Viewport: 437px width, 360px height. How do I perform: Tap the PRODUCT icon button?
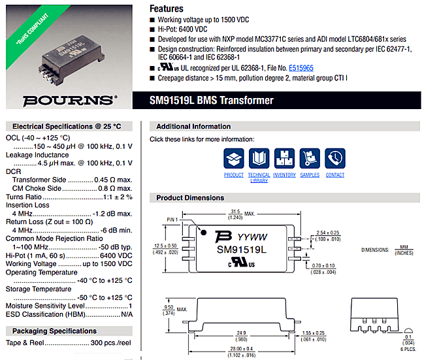point(233,159)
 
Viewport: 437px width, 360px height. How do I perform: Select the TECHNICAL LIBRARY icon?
point(259,159)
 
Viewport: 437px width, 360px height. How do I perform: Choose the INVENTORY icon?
point(284,159)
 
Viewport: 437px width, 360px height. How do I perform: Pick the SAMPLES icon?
point(310,159)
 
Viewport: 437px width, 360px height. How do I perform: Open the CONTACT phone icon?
point(334,159)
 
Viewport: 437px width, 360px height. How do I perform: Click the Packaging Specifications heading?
point(54,331)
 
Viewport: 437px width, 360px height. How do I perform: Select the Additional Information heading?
point(193,126)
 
